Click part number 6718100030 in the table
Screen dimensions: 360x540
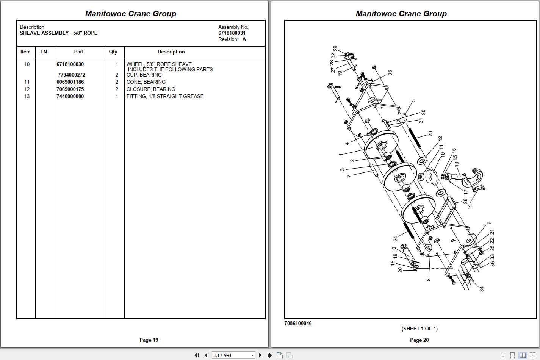click(70, 64)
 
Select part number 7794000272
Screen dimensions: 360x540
click(71, 75)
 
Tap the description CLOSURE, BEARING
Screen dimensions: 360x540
click(151, 89)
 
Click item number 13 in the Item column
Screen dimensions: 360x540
click(27, 96)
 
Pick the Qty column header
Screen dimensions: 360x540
click(113, 52)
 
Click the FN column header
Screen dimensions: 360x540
click(44, 52)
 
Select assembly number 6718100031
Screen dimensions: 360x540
click(232, 33)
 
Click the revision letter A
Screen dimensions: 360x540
click(244, 39)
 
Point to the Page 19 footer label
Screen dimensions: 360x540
click(149, 340)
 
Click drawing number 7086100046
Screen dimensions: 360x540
click(298, 323)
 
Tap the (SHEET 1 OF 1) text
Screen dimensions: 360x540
click(419, 329)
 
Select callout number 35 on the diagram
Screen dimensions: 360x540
click(390, 72)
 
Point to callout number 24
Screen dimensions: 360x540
click(395, 239)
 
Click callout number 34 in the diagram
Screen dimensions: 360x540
click(481, 289)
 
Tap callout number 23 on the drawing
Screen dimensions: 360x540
click(430, 134)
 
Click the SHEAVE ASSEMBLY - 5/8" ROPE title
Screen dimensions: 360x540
click(58, 33)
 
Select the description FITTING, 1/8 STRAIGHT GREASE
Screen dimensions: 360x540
click(165, 96)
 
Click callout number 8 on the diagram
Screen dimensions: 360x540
click(428, 280)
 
